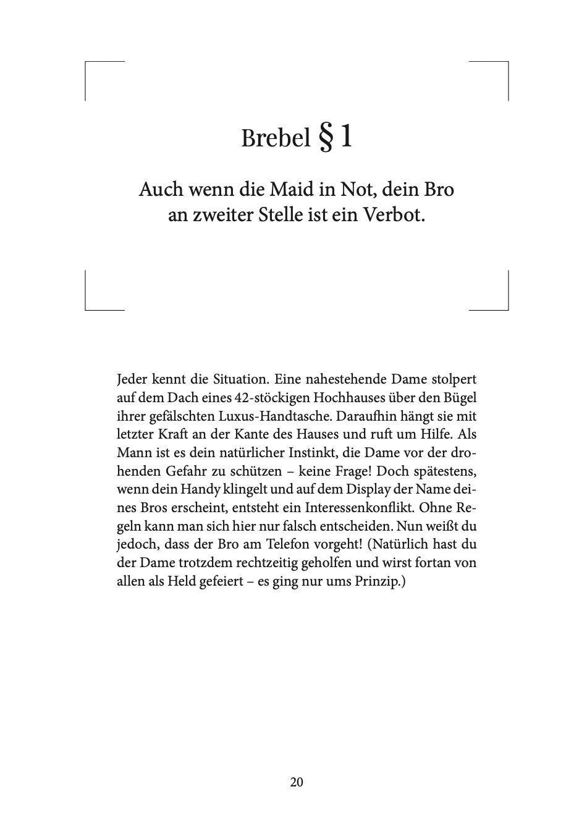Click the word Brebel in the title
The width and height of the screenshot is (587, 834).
click(276, 138)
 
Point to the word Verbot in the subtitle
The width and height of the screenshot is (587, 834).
click(395, 217)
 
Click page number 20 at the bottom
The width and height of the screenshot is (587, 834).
click(296, 782)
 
